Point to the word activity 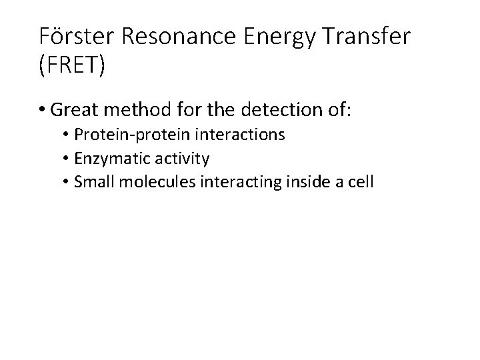click(174, 159)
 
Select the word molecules click(145, 181)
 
